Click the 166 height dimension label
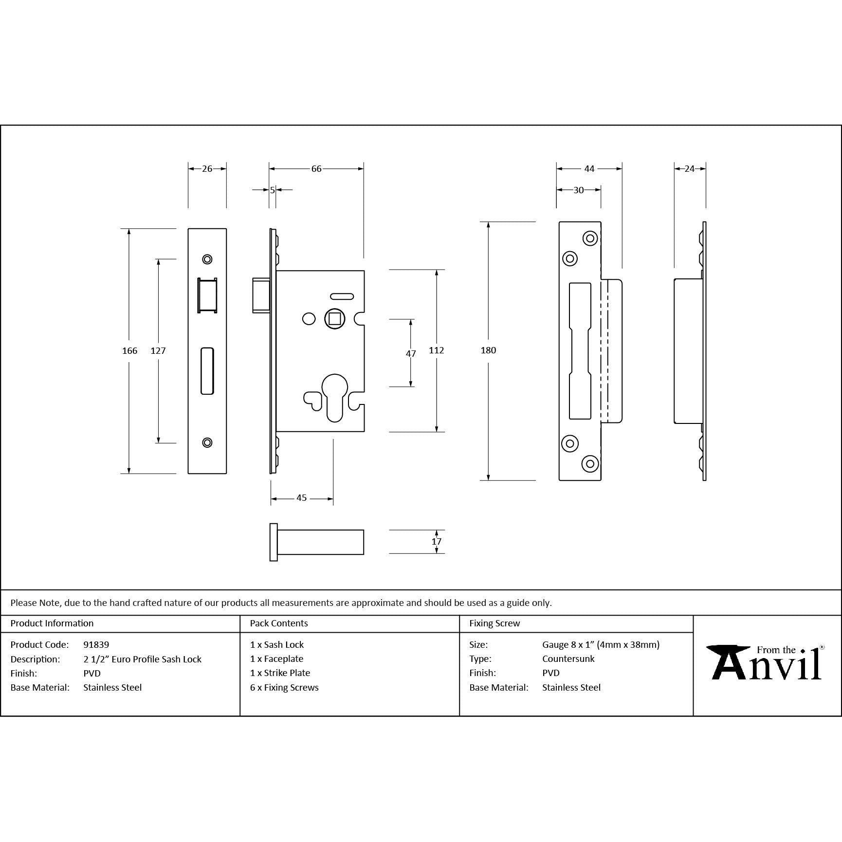[x=129, y=350]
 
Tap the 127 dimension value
[x=158, y=350]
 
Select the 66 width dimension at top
[x=316, y=169]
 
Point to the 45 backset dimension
[x=302, y=498]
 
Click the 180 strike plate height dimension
[x=488, y=350]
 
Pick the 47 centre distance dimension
[x=411, y=353]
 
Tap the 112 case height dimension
[x=437, y=350]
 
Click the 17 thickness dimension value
[x=437, y=542]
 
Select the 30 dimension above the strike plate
[x=579, y=190]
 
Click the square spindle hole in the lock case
[x=335, y=319]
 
